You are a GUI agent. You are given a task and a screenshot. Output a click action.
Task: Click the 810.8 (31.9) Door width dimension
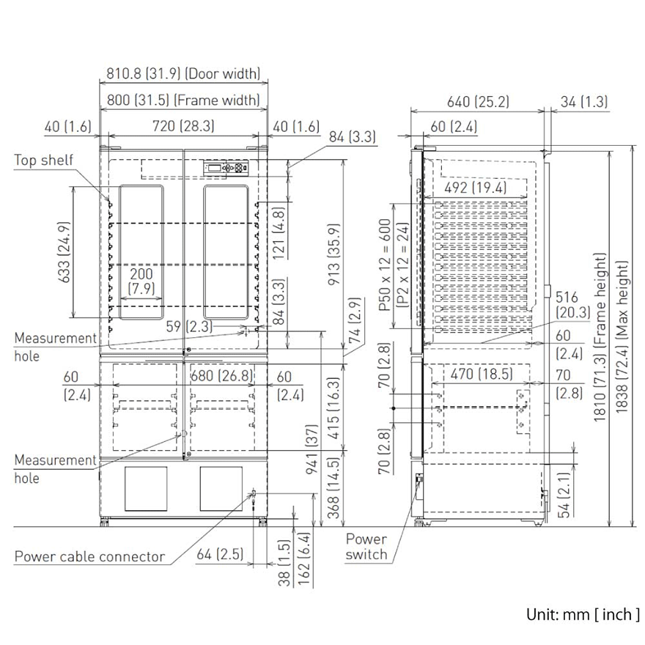pyautogui.click(x=183, y=73)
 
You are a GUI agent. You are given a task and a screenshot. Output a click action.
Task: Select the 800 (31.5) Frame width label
pyautogui.click(x=183, y=100)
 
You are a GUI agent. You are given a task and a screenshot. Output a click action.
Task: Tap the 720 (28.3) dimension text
pyautogui.click(x=183, y=126)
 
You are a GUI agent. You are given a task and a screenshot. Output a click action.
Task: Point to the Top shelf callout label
pyautogui.click(x=43, y=160)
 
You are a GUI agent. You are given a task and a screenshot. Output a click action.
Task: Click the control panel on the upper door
pyautogui.click(x=226, y=167)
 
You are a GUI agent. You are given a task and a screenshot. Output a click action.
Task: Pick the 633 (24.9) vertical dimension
pyautogui.click(x=64, y=252)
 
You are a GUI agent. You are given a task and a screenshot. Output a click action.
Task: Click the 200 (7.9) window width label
pyautogui.click(x=141, y=281)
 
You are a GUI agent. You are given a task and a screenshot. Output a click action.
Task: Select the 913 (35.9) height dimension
pyautogui.click(x=334, y=254)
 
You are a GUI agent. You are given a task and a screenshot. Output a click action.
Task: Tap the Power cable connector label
pyautogui.click(x=89, y=556)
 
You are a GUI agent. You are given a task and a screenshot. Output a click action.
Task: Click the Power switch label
pyautogui.click(x=366, y=547)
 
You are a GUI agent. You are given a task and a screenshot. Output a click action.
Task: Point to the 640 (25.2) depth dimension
pyautogui.click(x=478, y=102)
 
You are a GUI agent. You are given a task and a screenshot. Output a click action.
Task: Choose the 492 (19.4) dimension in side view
pyautogui.click(x=476, y=188)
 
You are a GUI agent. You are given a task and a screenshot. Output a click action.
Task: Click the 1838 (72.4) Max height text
pyautogui.click(x=622, y=336)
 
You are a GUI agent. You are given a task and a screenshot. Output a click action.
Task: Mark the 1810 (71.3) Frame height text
pyautogui.click(x=600, y=337)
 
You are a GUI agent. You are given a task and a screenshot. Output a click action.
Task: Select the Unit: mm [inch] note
pyautogui.click(x=583, y=614)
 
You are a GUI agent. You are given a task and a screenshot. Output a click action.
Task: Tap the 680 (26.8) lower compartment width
pyautogui.click(x=222, y=375)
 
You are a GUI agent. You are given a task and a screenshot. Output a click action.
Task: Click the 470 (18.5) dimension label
pyautogui.click(x=482, y=374)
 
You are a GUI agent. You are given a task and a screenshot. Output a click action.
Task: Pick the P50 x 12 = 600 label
pyautogui.click(x=384, y=265)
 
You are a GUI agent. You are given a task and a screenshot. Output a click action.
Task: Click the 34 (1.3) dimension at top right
pyautogui.click(x=584, y=102)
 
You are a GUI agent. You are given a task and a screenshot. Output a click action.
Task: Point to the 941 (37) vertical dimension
pyautogui.click(x=312, y=449)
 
